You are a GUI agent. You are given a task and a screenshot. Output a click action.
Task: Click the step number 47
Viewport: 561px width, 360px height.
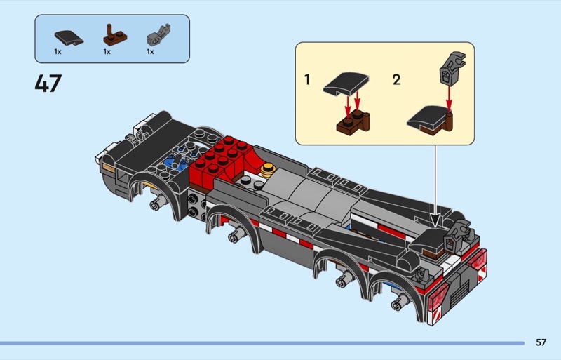pos(48,83)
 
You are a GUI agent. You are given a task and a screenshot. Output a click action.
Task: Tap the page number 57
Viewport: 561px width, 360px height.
pos(541,342)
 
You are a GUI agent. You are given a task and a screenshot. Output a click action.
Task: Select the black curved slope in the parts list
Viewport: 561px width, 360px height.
pos(69,38)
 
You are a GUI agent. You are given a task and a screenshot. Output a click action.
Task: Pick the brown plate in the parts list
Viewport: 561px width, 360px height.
pos(115,35)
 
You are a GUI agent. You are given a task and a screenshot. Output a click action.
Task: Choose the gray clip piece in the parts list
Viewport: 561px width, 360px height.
pos(158,35)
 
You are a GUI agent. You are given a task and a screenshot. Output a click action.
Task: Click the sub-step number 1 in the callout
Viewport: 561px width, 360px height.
pos(307,79)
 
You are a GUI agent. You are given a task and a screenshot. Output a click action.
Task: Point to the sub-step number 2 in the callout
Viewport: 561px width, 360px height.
pos(396,79)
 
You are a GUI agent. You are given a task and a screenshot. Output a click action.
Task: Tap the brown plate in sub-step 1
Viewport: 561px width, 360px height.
pos(353,122)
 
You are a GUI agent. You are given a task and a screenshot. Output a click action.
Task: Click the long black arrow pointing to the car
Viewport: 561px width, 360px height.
pos(435,186)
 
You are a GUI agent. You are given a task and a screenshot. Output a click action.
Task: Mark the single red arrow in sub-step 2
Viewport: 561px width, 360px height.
pos(449,97)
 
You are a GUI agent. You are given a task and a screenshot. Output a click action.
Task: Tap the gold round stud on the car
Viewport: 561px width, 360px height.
pos(268,169)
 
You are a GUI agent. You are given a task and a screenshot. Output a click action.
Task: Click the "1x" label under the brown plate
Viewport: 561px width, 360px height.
pos(107,52)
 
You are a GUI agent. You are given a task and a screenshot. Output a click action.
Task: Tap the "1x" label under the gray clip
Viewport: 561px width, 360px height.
pos(150,52)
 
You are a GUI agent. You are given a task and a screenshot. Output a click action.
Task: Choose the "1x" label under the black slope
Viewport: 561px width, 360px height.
pos(58,52)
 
